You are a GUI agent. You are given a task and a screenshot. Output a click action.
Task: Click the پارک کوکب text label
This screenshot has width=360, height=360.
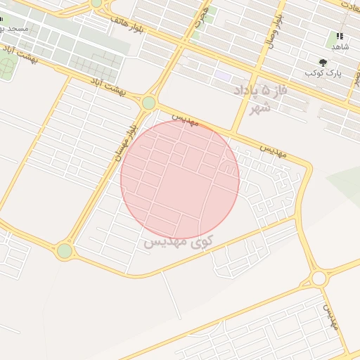coord(323,73)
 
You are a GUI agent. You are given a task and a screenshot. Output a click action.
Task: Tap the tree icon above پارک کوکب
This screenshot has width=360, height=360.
coord(323,62)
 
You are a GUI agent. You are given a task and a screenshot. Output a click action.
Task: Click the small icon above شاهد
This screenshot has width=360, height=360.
coord(340,36)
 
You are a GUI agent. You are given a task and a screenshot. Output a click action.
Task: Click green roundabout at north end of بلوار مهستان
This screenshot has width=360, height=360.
coord(148,103)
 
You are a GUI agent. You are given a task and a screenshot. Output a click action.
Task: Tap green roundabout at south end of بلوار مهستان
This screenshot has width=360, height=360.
coord(65,250)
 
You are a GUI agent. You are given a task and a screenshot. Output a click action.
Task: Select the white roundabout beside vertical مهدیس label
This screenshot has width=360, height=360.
coord(319,278)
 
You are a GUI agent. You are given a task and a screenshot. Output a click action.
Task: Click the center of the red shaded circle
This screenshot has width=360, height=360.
coord(180,179)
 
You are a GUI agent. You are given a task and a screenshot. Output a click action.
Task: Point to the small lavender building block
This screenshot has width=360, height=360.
coord(224,75)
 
